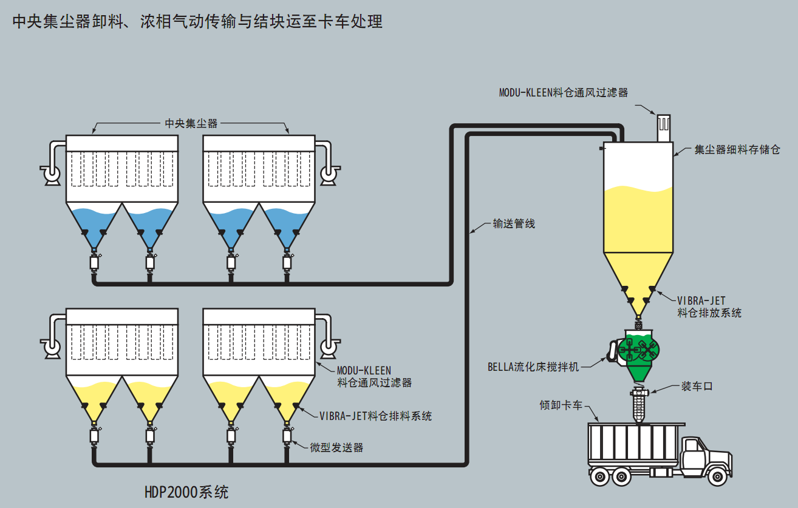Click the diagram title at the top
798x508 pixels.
197,22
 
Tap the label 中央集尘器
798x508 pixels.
191,124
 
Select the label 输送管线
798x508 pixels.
513,224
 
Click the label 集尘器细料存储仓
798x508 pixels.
737,149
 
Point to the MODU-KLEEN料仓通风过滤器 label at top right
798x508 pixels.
563,93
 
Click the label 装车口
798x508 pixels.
696,386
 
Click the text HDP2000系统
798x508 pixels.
186,492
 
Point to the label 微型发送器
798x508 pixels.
336,447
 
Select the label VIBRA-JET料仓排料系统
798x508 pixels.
375,416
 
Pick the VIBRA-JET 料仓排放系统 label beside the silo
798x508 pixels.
709,307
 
